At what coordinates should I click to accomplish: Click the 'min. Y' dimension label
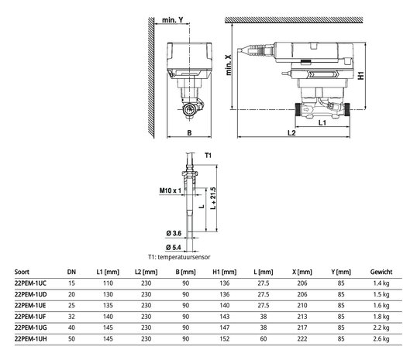pos(173,20)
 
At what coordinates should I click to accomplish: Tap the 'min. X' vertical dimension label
pos(229,65)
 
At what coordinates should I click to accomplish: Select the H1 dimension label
pos(360,76)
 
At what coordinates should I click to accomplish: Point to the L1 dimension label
pos(322,122)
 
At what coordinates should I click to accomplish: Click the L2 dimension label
pos(291,132)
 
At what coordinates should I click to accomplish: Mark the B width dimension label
pos(189,132)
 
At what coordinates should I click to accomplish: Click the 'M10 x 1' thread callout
pos(171,190)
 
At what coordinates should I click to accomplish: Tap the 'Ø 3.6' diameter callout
pos(174,233)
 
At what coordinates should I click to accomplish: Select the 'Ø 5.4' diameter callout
pos(174,247)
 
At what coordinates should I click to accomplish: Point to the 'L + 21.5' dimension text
pos(213,198)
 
